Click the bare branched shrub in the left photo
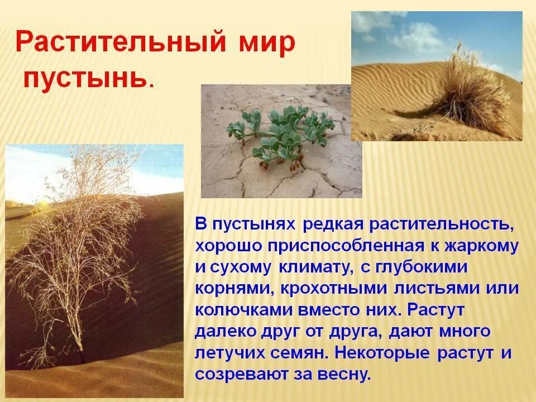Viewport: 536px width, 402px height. pos(78,234)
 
